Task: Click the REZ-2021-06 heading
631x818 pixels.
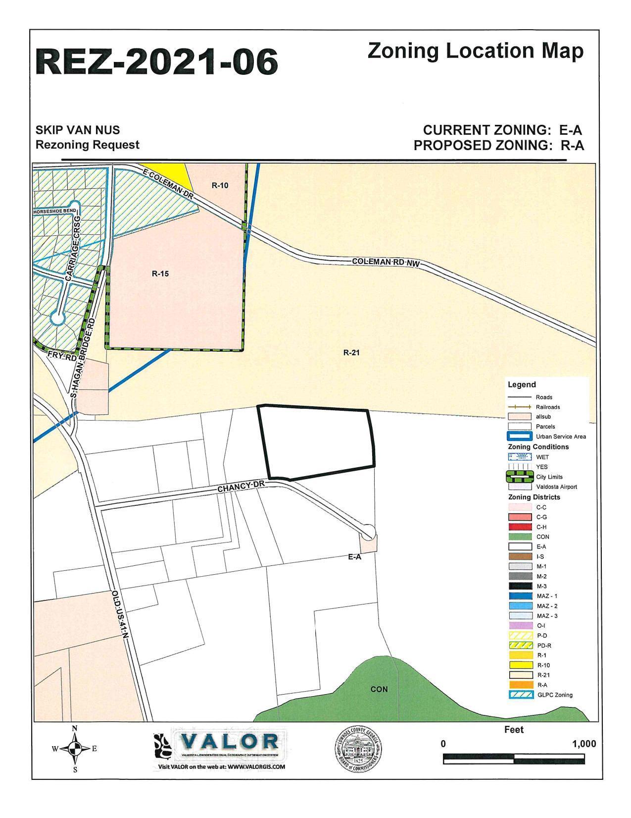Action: click(156, 61)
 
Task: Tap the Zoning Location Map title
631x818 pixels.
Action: click(475, 51)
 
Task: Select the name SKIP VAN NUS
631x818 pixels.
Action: click(78, 130)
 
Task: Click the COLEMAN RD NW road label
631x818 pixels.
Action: click(386, 262)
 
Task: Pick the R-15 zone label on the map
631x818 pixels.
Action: click(160, 273)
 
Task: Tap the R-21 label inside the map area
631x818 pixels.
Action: click(351, 353)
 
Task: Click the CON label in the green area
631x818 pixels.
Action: click(379, 689)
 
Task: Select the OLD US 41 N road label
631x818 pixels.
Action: click(120, 616)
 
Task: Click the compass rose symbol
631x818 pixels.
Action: click(75, 749)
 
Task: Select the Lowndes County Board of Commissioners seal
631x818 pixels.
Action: click(357, 747)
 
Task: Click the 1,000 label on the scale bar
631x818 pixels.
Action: click(584, 744)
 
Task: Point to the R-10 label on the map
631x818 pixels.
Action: click(220, 185)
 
